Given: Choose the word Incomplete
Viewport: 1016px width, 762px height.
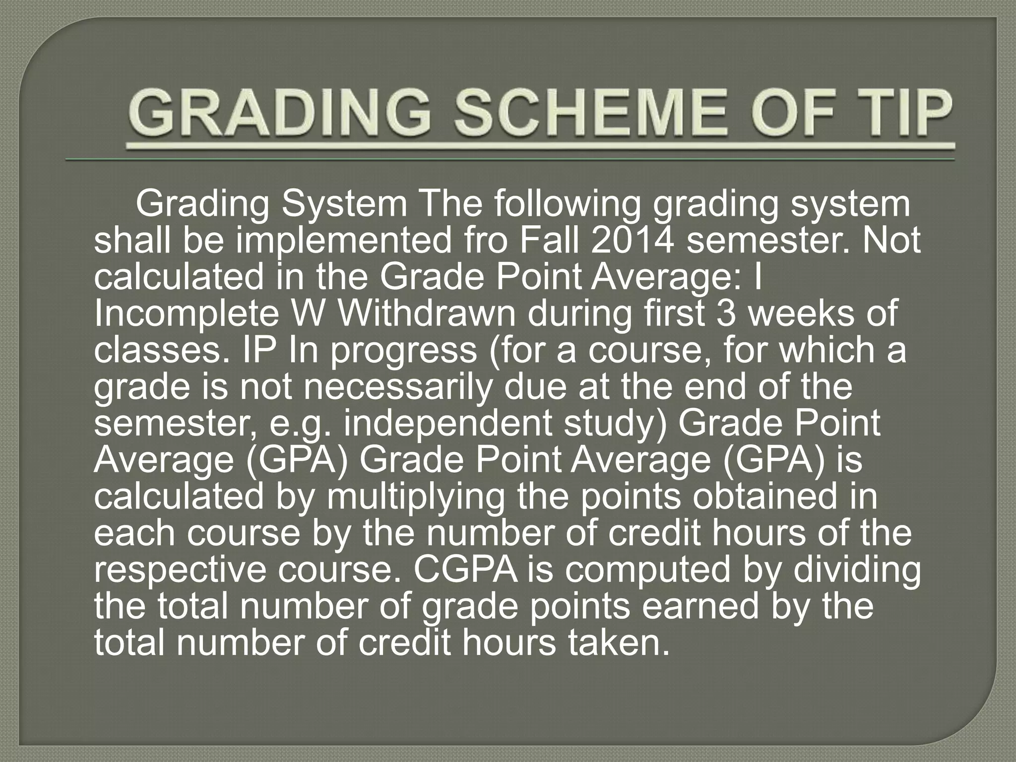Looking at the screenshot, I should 186,314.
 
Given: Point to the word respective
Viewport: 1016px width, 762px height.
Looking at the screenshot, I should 180,571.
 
